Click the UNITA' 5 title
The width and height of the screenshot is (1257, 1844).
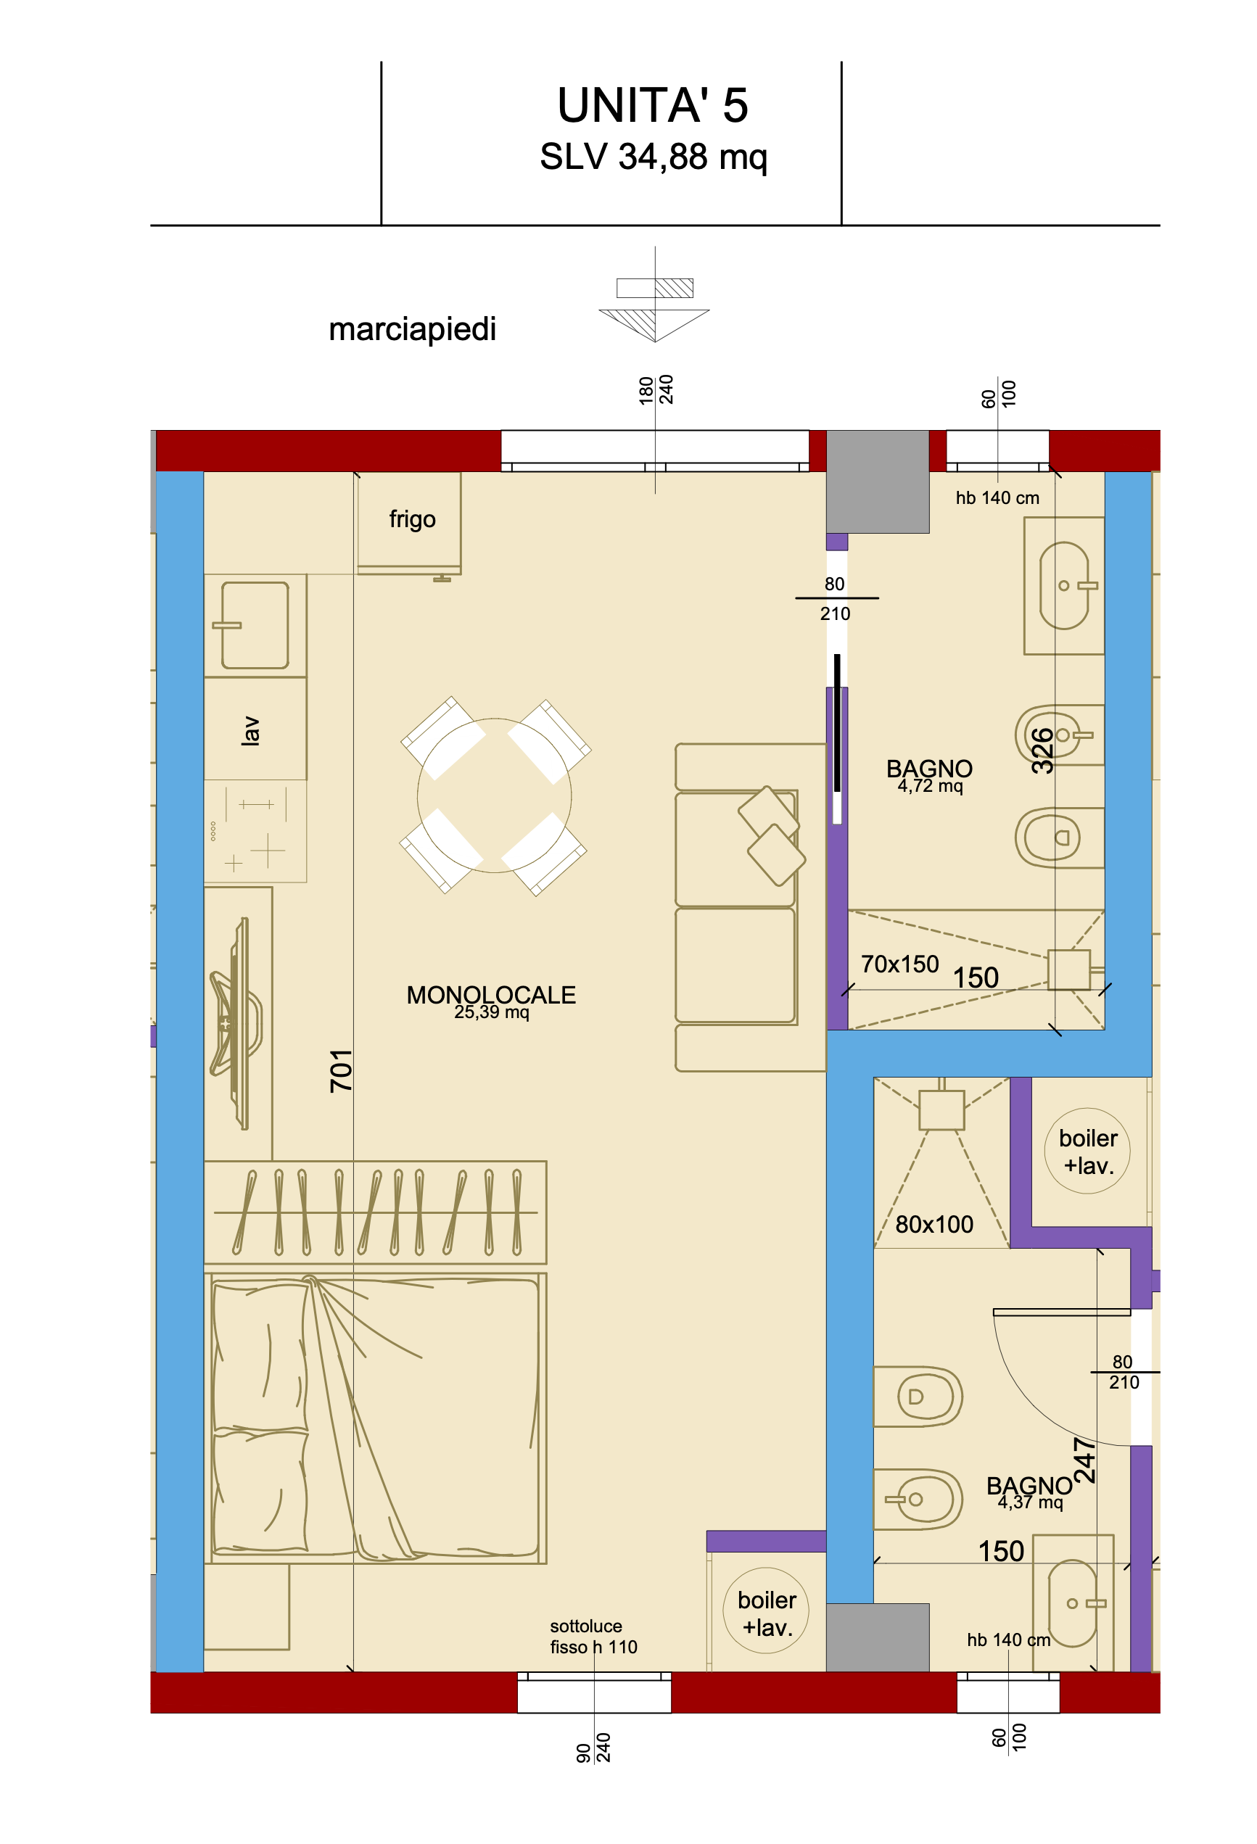pyautogui.click(x=652, y=106)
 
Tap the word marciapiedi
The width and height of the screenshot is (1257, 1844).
pyautogui.click(x=412, y=329)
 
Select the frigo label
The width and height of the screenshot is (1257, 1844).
pyautogui.click(x=412, y=519)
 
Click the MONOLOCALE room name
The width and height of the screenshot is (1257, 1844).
pyautogui.click(x=490, y=994)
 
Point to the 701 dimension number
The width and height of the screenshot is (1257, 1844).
pyautogui.click(x=341, y=1070)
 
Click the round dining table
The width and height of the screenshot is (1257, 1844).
pyautogui.click(x=495, y=796)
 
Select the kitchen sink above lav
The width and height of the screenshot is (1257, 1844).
pyautogui.click(x=255, y=625)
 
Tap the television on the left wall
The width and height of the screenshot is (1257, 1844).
pyautogui.click(x=236, y=1024)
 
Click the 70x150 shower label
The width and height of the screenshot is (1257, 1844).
pyautogui.click(x=900, y=964)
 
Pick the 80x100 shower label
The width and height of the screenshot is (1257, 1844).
pyautogui.click(x=934, y=1224)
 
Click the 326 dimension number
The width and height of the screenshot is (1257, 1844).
pyautogui.click(x=1043, y=751)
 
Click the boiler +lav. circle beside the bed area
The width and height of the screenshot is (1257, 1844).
pyautogui.click(x=766, y=1611)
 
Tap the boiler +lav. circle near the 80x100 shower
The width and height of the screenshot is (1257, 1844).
pyautogui.click(x=1087, y=1151)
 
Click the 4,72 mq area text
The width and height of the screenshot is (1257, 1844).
pyautogui.click(x=930, y=785)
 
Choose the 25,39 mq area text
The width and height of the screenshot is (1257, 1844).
pyautogui.click(x=491, y=1012)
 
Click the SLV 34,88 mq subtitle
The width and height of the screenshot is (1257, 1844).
pyautogui.click(x=653, y=157)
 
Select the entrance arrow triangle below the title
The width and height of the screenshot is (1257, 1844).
pyautogui.click(x=654, y=326)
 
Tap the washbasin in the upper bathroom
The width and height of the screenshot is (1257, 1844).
pyautogui.click(x=1063, y=586)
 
